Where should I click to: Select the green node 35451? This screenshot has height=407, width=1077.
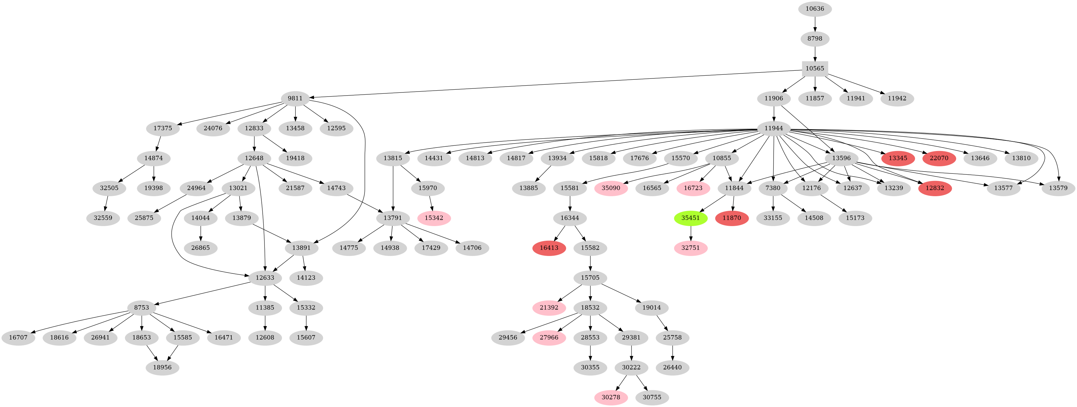[x=690, y=218]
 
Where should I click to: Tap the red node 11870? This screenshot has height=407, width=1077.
[x=732, y=218]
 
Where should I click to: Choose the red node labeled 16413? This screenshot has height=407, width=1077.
[x=549, y=248]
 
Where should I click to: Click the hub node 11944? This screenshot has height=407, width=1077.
[x=774, y=128]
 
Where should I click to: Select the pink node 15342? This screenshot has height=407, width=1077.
[x=434, y=218]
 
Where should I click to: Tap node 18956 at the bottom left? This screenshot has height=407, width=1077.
[x=162, y=368]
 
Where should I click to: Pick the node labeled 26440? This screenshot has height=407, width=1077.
[x=672, y=368]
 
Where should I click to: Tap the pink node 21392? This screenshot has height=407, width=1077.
[x=549, y=308]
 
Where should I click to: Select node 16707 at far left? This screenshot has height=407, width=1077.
[x=17, y=337]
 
